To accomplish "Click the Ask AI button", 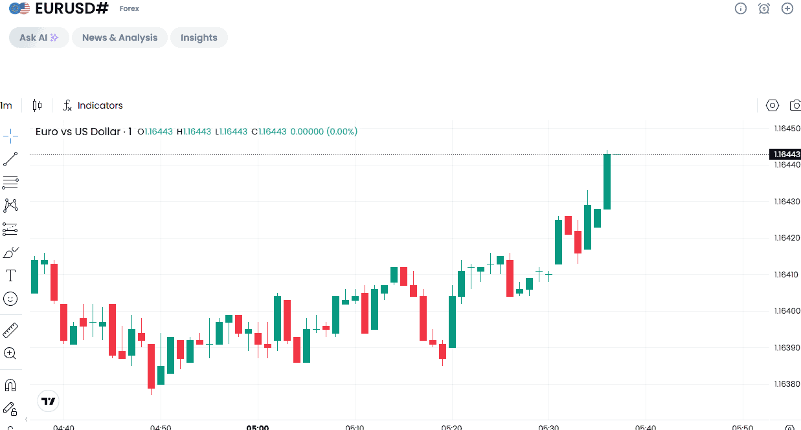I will pyautogui.click(x=39, y=38).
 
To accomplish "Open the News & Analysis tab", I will pyautogui.click(x=120, y=38).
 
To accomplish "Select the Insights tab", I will pyautogui.click(x=199, y=38).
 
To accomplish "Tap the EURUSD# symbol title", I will pyautogui.click(x=72, y=8).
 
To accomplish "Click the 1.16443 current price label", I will pyautogui.click(x=785, y=154).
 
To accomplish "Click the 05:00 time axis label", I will pyautogui.click(x=258, y=427).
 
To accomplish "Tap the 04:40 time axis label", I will pyautogui.click(x=63, y=427).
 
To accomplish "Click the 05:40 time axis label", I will pyautogui.click(x=646, y=427).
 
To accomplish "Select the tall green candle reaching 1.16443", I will pyautogui.click(x=607, y=182).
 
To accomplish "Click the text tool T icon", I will pyautogui.click(x=10, y=276).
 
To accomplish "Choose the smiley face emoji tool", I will pyautogui.click(x=10, y=299).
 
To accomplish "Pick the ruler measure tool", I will pyautogui.click(x=10, y=330).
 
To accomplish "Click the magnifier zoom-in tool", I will pyautogui.click(x=10, y=353).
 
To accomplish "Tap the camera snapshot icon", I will pyautogui.click(x=795, y=105).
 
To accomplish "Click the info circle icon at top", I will pyautogui.click(x=741, y=8).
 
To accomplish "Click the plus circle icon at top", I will pyautogui.click(x=787, y=8).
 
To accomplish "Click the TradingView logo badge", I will pyautogui.click(x=49, y=401).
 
